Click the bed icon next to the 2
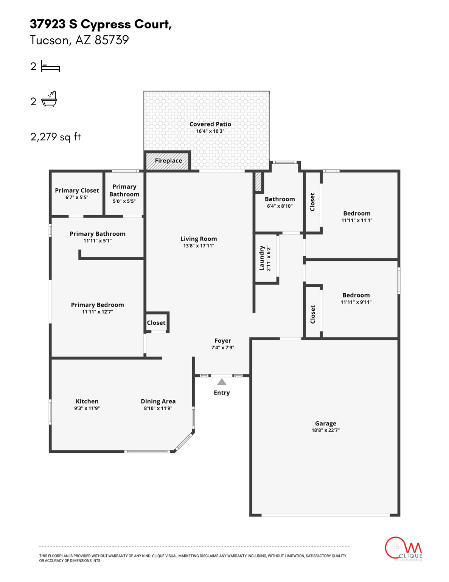point(50,67)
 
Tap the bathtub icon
point(49,99)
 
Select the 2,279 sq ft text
point(56,137)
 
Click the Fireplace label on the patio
point(168,161)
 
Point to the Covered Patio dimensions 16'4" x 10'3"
point(210,131)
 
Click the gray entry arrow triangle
point(222,382)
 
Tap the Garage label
point(325,423)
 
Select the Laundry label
point(261,258)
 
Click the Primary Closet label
point(77,190)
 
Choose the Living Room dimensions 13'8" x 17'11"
point(199,246)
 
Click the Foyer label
point(222,341)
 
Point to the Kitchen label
point(87,401)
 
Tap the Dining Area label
point(158,401)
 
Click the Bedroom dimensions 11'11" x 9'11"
point(356,302)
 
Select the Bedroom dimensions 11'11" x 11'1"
point(357,220)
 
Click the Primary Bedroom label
point(97,305)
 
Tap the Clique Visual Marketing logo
point(403,549)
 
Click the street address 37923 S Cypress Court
point(101,24)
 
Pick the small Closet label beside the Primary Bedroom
point(156,323)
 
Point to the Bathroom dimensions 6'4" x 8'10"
point(280,206)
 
